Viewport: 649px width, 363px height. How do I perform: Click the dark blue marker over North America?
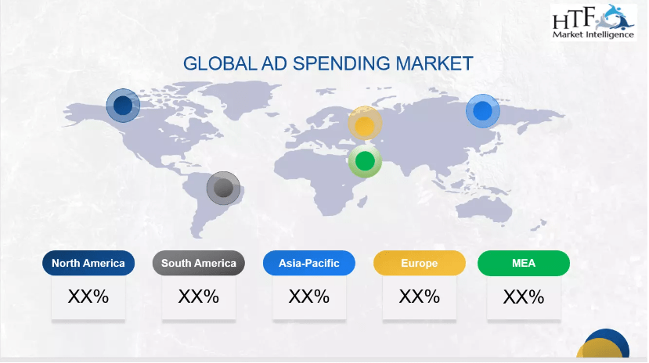123,106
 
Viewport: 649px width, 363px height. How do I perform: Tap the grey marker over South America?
223,188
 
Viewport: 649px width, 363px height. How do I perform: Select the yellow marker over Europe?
365,123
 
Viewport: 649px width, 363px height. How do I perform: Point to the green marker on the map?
365,161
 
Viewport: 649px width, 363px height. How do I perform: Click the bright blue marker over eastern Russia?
482,111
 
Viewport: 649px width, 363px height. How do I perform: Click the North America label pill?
88,263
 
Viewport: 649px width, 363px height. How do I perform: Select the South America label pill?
199,263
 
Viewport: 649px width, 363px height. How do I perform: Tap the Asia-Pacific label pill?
308,263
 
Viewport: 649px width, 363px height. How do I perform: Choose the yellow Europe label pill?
420,263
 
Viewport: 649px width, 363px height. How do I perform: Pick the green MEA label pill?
524,263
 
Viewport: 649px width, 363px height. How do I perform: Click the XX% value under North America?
88,297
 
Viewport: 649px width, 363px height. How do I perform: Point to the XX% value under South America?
199,297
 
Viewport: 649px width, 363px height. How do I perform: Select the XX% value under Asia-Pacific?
308,297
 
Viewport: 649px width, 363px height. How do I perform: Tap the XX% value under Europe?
420,297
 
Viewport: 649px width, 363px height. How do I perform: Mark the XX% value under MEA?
524,297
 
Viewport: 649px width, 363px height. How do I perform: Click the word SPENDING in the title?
341,63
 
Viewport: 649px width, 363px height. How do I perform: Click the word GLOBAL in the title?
220,63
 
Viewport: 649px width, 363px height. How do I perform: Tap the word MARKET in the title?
434,63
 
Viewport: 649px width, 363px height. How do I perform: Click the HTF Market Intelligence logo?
593,22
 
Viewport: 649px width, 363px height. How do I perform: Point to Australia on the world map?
485,207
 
